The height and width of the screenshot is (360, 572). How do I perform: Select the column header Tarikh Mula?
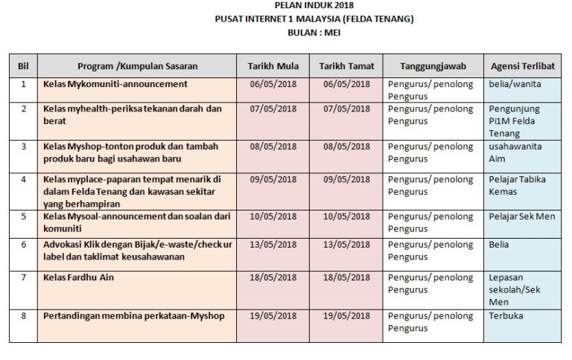coord(273,66)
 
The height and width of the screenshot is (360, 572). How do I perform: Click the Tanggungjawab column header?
coord(433,66)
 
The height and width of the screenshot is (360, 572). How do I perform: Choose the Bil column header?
coord(23,66)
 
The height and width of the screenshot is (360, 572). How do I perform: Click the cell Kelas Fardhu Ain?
coord(79,277)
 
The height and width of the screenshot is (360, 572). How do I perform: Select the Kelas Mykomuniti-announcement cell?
coord(115,84)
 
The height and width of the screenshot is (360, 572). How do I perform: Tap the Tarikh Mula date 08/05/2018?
coord(273,147)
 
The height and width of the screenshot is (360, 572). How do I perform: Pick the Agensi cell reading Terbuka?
coord(506,315)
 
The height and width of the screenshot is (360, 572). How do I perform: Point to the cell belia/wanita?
coord(515,84)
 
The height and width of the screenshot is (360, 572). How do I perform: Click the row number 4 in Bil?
coord(23,179)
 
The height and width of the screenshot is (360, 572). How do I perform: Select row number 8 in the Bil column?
coord(23,315)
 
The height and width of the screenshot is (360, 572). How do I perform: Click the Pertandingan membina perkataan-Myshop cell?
coord(134,315)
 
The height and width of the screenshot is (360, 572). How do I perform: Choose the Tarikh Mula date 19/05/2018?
coord(273,315)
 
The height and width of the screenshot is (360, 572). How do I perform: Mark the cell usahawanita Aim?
coord(515,152)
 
